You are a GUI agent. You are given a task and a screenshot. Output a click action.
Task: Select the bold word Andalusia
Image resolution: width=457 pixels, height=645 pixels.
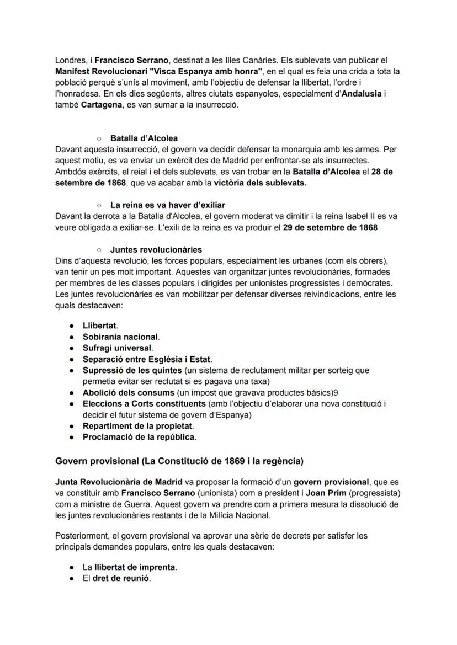(x=362, y=94)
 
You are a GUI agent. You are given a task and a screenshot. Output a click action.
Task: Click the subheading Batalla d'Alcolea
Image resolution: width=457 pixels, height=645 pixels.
(x=144, y=138)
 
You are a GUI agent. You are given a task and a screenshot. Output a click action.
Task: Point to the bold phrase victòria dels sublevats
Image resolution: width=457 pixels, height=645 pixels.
(x=260, y=183)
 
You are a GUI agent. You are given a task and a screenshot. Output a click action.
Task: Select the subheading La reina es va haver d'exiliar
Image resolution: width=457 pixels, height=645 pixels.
(x=168, y=205)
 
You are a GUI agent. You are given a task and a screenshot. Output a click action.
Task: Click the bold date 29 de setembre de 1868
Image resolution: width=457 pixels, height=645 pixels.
(x=330, y=227)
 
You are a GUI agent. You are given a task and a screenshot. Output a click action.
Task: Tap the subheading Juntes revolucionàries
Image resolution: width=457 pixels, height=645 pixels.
(x=156, y=250)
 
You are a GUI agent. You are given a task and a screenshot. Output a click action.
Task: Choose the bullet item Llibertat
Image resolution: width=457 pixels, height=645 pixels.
(x=100, y=326)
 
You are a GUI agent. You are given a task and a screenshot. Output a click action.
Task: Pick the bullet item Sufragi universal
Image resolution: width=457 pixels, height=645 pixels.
(x=117, y=348)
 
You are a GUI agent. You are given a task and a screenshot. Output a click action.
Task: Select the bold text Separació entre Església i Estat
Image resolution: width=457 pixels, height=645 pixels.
(x=147, y=359)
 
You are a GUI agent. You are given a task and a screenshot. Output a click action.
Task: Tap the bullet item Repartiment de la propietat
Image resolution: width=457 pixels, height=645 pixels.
(x=137, y=426)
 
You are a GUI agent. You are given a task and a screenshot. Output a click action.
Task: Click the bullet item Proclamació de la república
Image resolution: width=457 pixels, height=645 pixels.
(x=138, y=437)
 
